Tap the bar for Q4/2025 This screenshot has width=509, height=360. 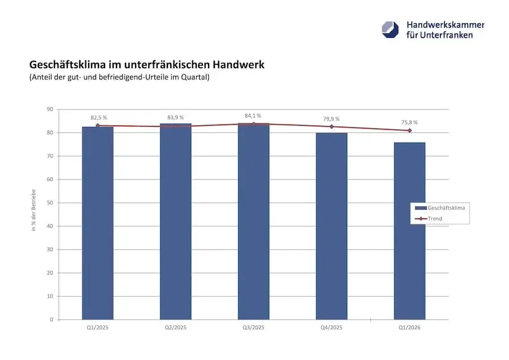pyautogui.click(x=331, y=226)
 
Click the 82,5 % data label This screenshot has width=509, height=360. pyautogui.click(x=99, y=118)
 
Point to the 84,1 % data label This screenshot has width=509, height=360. pyautogui.click(x=253, y=115)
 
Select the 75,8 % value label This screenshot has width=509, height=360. pyautogui.click(x=409, y=122)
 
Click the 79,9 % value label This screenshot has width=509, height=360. pyautogui.click(x=331, y=119)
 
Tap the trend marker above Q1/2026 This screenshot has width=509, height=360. pyautogui.click(x=409, y=131)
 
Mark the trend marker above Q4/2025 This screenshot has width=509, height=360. pyautogui.click(x=331, y=127)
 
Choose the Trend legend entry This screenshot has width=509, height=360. pyautogui.click(x=435, y=218)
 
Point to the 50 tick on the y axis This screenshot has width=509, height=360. pyautogui.click(x=50, y=203)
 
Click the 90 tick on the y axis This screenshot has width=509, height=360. pyautogui.click(x=50, y=109)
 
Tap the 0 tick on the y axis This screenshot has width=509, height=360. pyautogui.click(x=51, y=319)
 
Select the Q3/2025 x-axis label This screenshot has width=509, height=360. pyautogui.click(x=253, y=328)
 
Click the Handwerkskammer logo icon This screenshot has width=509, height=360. pyautogui.click(x=390, y=29)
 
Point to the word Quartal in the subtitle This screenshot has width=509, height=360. pyautogui.click(x=194, y=78)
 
